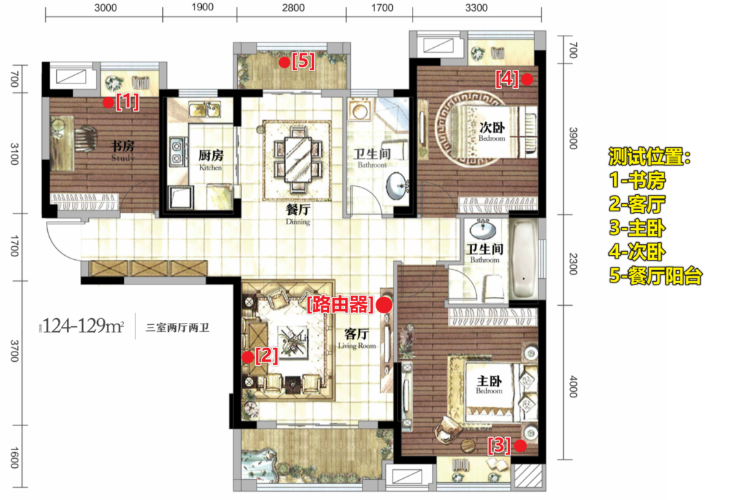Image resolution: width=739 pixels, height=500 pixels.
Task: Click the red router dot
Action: coord(384,305)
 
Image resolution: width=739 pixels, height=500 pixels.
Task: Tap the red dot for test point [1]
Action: coord(108,103)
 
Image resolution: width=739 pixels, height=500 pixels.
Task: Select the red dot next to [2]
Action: coord(248,357)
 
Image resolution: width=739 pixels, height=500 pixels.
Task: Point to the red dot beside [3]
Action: coord(520,446)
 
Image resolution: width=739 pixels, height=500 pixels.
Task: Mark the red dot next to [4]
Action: coord(527,79)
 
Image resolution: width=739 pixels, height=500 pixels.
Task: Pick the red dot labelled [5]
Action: coord(284,62)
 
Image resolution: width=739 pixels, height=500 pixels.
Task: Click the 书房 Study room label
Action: coord(122,150)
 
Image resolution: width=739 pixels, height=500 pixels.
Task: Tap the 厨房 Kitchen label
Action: coord(211,160)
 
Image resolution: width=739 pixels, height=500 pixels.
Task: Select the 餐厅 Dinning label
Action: coord(298,214)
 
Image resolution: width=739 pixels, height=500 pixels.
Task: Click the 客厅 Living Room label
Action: coord(356,339)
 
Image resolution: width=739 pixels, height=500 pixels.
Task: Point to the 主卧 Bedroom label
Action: coord(489,384)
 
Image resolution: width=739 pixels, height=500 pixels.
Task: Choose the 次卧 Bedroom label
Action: coord(492,131)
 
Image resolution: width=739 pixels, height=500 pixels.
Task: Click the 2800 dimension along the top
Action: coord(293,8)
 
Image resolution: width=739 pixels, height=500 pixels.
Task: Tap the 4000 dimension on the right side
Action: coord(573,386)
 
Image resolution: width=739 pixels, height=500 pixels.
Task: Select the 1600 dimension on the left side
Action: coord(14,458)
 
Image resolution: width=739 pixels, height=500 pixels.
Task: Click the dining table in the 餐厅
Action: coord(298,159)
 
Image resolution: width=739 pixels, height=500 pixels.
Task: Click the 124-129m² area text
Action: coord(83,326)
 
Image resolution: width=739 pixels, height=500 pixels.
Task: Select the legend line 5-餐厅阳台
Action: coord(656,276)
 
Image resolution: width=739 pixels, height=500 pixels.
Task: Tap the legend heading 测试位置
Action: coord(649,157)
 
